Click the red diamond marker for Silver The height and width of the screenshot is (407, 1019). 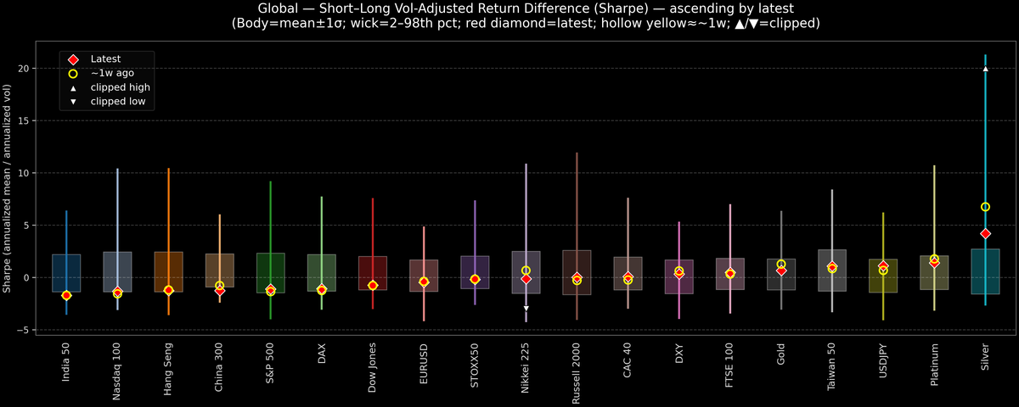985,233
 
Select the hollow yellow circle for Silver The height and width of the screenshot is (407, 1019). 985,207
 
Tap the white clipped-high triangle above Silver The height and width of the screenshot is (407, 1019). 985,69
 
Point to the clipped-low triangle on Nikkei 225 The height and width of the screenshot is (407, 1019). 526,308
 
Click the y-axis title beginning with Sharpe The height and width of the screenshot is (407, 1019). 8,188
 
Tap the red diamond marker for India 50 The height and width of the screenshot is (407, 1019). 66,295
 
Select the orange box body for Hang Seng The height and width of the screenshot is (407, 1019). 168,271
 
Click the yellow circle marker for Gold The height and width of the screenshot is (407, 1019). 781,265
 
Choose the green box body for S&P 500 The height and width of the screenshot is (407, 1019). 270,271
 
